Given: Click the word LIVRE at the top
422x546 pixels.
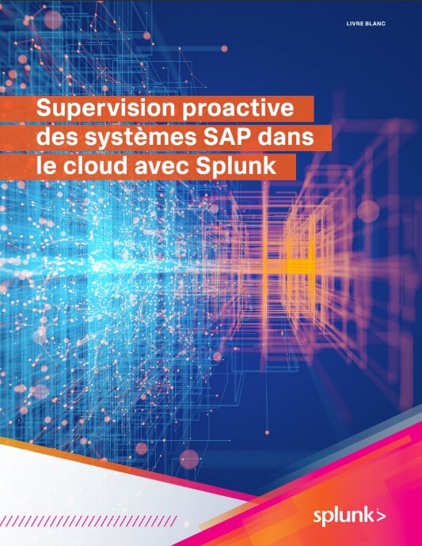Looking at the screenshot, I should (357, 25).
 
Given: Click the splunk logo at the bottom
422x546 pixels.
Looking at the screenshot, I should (344, 517).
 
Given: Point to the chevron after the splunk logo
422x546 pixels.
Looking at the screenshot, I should (382, 517).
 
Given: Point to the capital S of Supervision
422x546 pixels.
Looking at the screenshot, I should (44, 109).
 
